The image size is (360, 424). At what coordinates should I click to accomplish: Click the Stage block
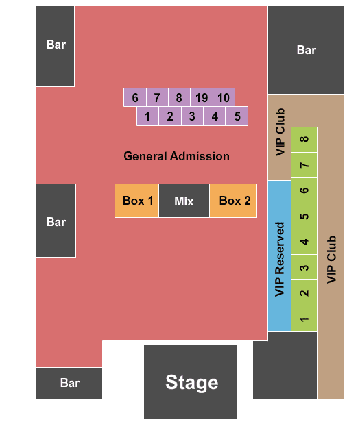click(x=190, y=382)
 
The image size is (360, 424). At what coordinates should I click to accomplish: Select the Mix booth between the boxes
click(x=184, y=201)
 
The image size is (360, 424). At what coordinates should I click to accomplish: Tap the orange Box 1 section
click(x=136, y=201)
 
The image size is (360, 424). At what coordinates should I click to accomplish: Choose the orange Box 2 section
click(x=233, y=201)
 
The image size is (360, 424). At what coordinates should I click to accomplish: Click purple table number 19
click(x=202, y=97)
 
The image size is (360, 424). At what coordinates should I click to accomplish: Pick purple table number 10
click(x=224, y=97)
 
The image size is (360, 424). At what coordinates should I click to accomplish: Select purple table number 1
click(x=148, y=116)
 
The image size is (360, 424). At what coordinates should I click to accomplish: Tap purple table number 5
click(x=237, y=116)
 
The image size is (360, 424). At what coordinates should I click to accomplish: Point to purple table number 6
click(x=135, y=97)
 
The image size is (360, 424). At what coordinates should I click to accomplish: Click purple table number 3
click(x=192, y=116)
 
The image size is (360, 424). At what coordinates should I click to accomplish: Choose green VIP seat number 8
click(x=304, y=140)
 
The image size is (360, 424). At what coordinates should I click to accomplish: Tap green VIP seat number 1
click(x=304, y=318)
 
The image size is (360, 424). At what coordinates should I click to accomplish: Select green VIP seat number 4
click(x=304, y=242)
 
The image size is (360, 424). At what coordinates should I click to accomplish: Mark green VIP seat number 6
click(x=304, y=190)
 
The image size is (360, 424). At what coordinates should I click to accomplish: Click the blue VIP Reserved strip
click(x=279, y=255)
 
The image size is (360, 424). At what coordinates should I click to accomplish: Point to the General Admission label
click(x=176, y=156)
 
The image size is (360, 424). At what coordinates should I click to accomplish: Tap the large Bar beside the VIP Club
click(x=306, y=50)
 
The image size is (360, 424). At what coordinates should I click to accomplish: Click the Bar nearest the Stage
click(x=69, y=383)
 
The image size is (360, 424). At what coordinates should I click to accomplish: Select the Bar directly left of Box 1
click(x=56, y=221)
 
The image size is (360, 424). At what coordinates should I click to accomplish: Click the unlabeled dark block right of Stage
click(x=285, y=365)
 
